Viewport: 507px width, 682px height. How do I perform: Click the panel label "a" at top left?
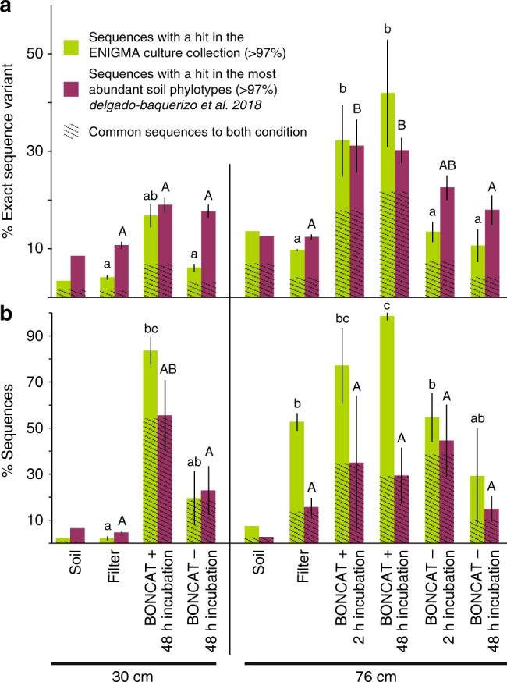coord(9,9)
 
